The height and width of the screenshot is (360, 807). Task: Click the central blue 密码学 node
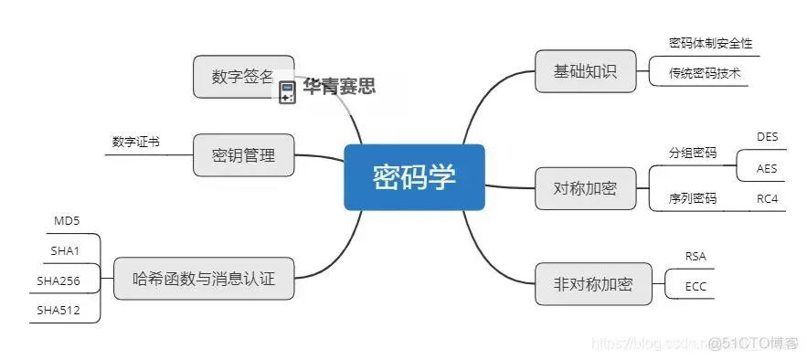click(413, 176)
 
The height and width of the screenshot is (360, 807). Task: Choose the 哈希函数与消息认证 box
click(206, 278)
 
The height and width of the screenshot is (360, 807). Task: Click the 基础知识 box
click(585, 72)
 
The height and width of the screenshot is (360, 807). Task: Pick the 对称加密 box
click(585, 188)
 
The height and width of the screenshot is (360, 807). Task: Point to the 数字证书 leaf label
click(136, 142)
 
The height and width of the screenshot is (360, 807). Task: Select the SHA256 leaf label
click(58, 280)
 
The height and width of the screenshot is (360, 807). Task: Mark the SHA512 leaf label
click(58, 311)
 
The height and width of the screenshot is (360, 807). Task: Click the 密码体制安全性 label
click(710, 43)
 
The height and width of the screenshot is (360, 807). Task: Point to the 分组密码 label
click(693, 152)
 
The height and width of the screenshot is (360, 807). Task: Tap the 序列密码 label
click(693, 198)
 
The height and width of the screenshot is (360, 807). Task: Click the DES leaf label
click(767, 136)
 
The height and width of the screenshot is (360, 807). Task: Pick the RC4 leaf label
click(767, 198)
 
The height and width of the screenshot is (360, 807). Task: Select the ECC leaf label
click(696, 287)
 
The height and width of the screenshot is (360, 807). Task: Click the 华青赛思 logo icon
click(287, 89)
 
